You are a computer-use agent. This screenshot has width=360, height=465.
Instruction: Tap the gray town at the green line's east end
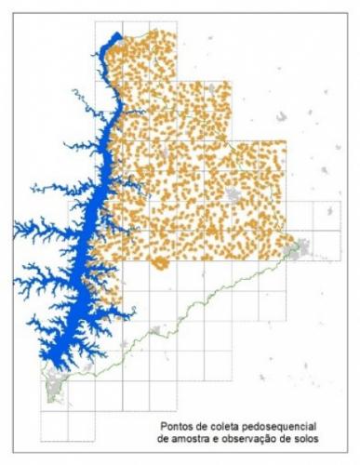pos(301,247)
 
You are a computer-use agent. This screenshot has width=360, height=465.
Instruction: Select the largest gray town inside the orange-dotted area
pos(234,194)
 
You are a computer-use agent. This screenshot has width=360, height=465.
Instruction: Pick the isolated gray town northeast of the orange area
pos(281,116)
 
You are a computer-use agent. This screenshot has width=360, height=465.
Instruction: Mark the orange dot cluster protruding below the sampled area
pos(161,264)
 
